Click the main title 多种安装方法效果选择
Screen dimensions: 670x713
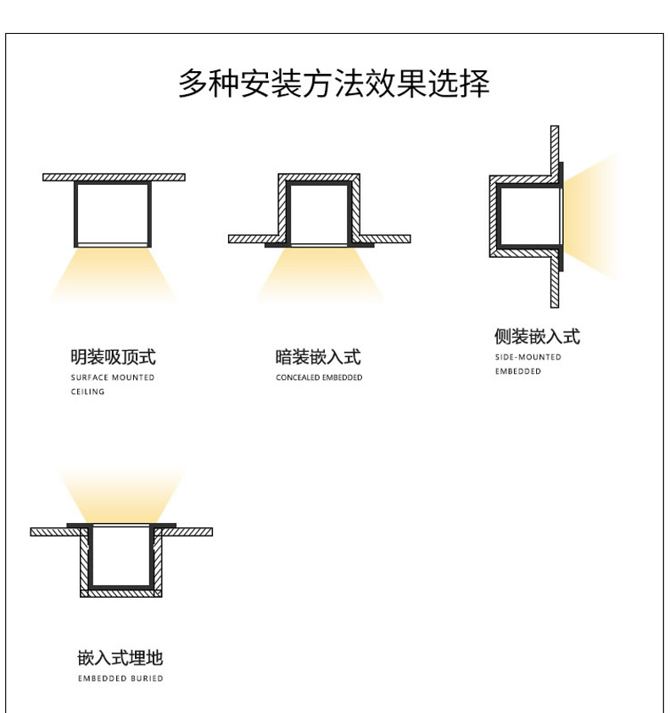(334, 84)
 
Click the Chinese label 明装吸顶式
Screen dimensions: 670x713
(114, 357)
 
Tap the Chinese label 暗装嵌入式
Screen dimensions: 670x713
(318, 357)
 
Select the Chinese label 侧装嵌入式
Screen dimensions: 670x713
(537, 337)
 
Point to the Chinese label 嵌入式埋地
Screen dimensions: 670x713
(120, 658)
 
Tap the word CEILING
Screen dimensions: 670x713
(88, 392)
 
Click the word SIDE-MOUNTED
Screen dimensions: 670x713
(528, 357)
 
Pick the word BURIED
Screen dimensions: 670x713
(147, 678)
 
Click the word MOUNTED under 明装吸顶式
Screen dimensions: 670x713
(133, 377)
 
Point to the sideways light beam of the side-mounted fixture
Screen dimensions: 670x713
(591, 216)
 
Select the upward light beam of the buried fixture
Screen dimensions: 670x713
(121, 495)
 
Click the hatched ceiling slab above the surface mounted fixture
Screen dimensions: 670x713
(114, 177)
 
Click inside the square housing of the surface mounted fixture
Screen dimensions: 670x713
(112, 214)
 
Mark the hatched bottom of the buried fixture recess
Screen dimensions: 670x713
(121, 593)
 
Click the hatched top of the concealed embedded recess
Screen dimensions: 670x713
(319, 177)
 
